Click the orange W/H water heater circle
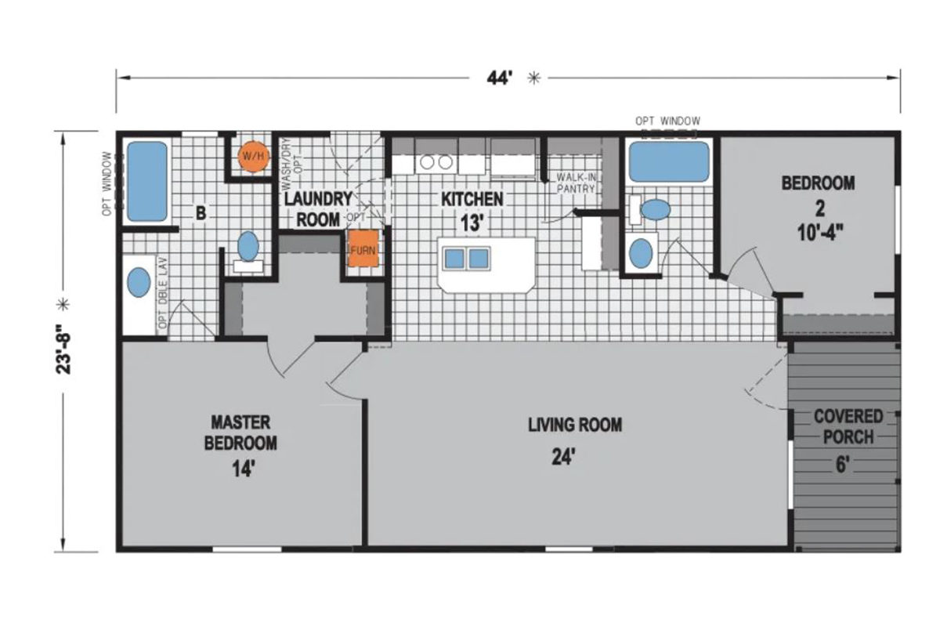click(254, 156)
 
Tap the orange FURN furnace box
click(363, 248)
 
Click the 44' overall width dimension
click(500, 78)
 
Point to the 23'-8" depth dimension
click(63, 349)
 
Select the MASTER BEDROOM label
click(240, 433)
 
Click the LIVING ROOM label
click(575, 425)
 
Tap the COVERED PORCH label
click(848, 426)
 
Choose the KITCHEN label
click(472, 199)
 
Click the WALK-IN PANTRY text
click(576, 183)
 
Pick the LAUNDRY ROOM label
click(318, 209)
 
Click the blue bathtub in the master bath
click(147, 181)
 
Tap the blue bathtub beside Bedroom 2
click(669, 161)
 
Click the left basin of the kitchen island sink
click(454, 258)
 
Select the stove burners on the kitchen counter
click(436, 162)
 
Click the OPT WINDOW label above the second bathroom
click(667, 121)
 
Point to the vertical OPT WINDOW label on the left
click(107, 183)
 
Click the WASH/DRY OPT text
click(292, 165)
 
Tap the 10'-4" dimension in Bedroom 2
click(820, 232)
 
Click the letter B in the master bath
click(201, 213)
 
